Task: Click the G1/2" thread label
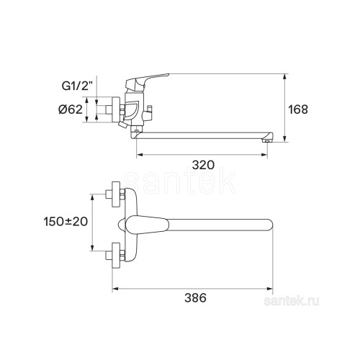coord(77,86)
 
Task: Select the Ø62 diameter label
coord(71,109)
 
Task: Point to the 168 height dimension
coord(297,109)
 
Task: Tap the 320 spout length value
coord(203,165)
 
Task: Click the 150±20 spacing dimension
coord(66,222)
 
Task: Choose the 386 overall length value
coord(195,298)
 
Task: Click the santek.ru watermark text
coord(292,301)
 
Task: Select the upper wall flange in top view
coord(116,194)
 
